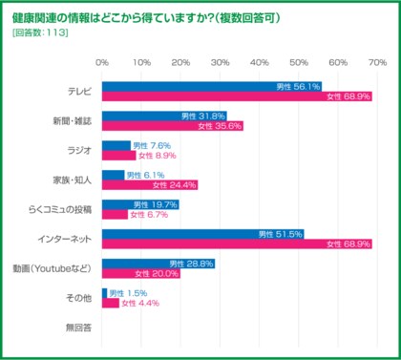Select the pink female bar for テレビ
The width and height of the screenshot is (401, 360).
236,96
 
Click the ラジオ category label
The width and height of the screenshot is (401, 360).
78,150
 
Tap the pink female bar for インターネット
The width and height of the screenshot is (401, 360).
236,244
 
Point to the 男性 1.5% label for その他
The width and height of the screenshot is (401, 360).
128,293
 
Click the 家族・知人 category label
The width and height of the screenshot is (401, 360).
72,180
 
